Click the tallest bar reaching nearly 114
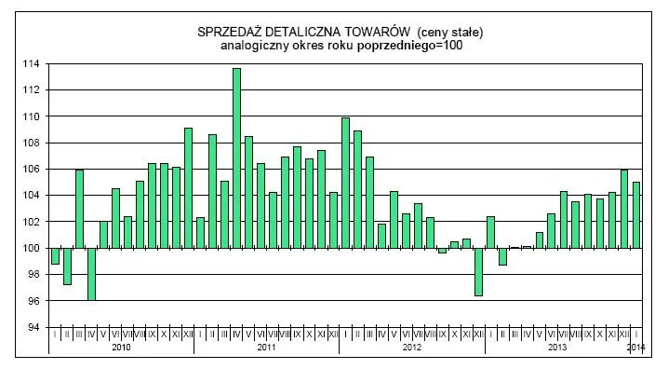(236, 158)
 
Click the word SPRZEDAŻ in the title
(231, 33)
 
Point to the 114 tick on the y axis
(32, 64)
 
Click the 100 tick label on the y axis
(32, 249)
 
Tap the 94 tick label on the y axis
(33, 328)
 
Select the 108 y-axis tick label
(32, 143)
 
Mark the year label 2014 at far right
(636, 348)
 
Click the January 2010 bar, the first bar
(55, 256)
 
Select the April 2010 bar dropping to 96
(91, 274)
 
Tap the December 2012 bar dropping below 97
(478, 271)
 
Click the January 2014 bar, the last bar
(636, 215)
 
